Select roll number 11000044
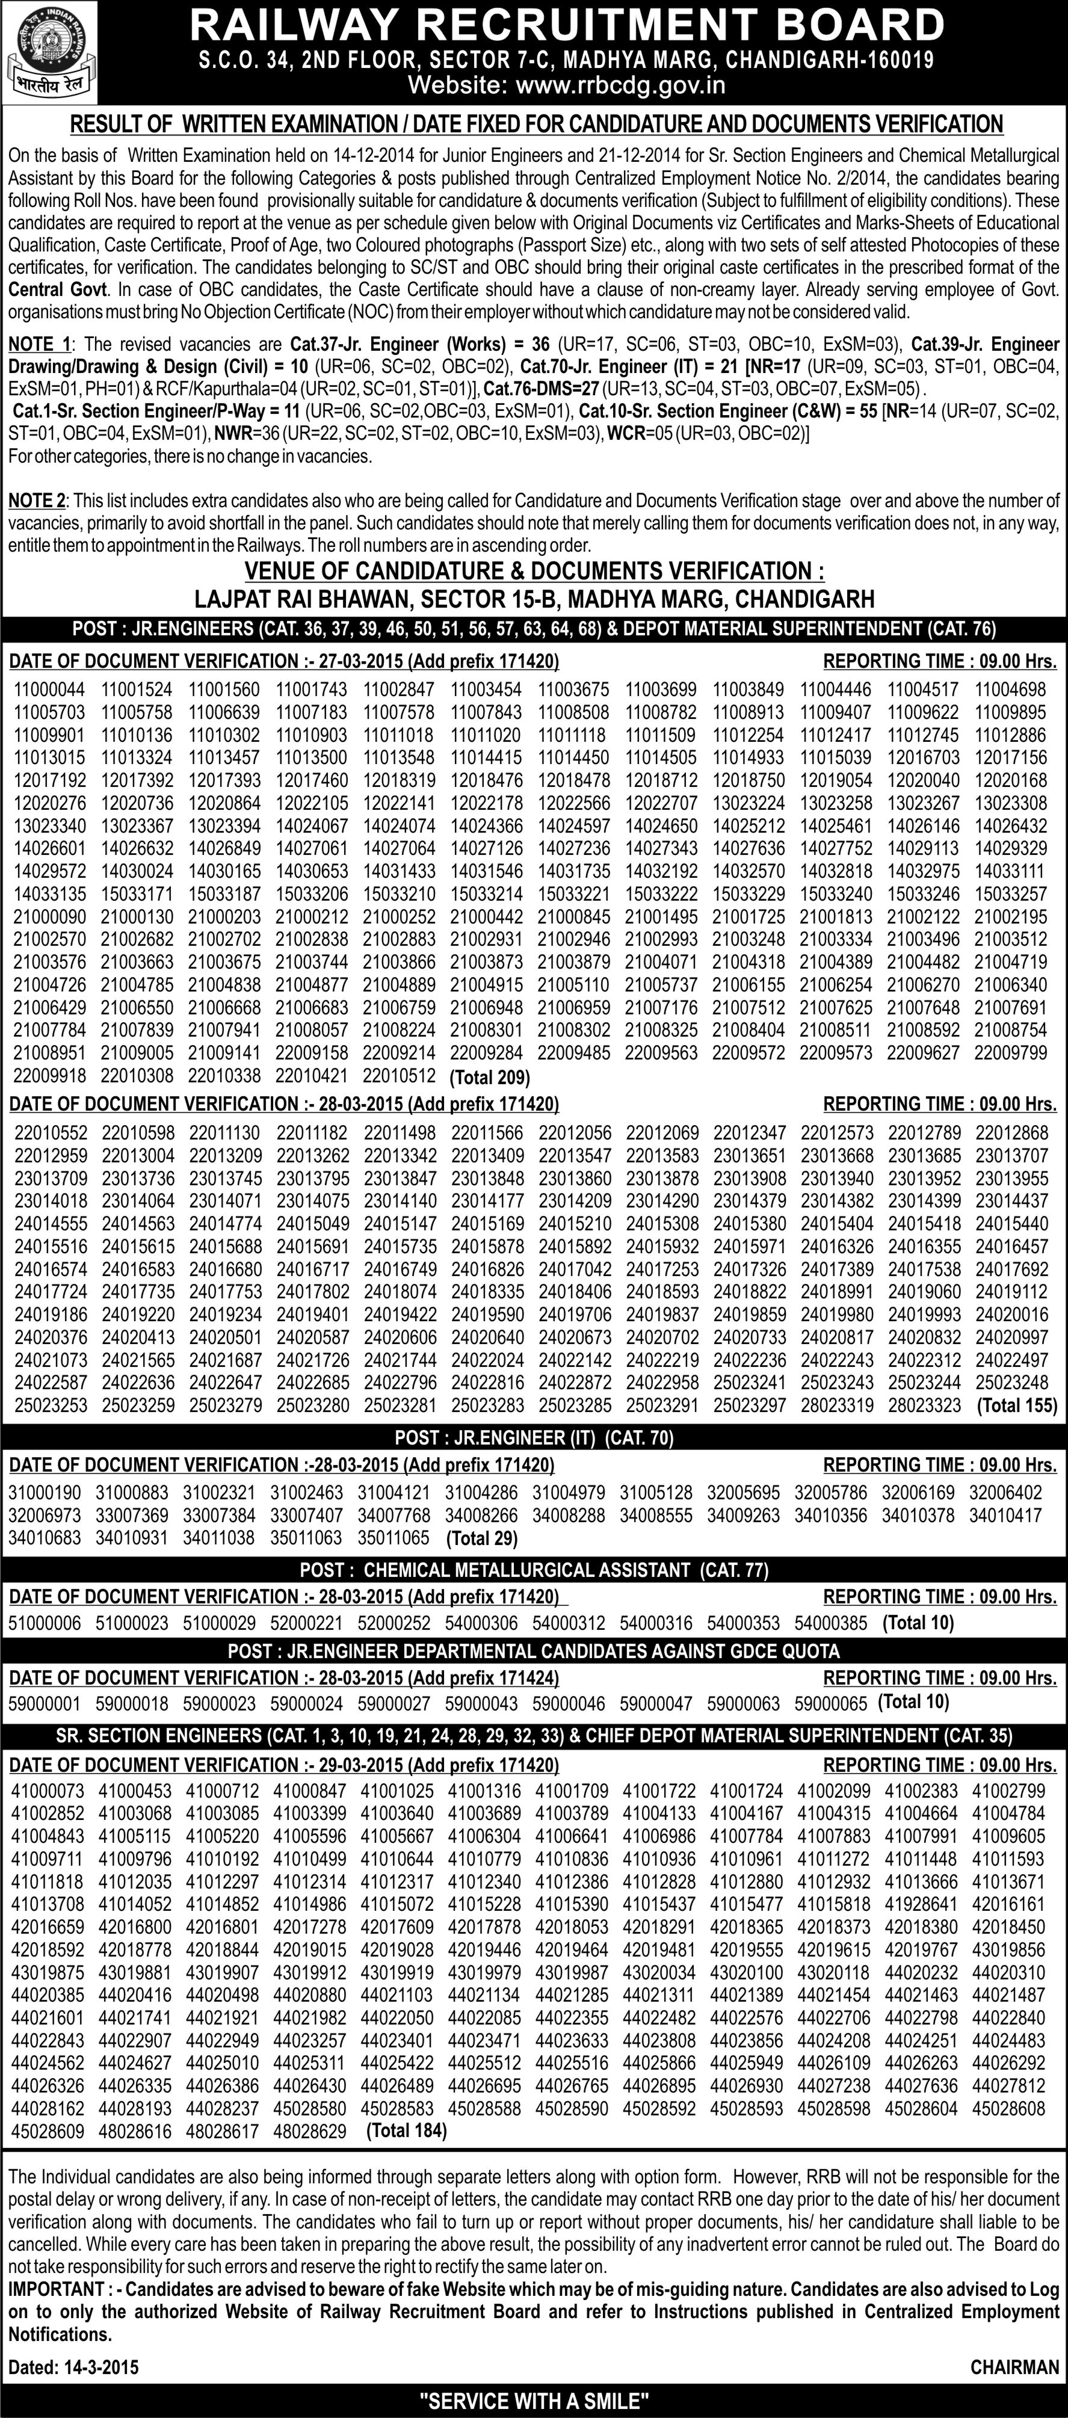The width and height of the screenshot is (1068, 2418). [49, 689]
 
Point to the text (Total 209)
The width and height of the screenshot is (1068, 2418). [490, 1077]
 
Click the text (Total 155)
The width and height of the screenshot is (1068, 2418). [1017, 1405]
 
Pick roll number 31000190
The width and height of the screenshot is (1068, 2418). [45, 1493]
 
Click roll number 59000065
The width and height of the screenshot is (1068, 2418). [830, 1703]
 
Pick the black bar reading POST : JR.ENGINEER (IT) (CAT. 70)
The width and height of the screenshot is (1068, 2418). [534, 1437]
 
